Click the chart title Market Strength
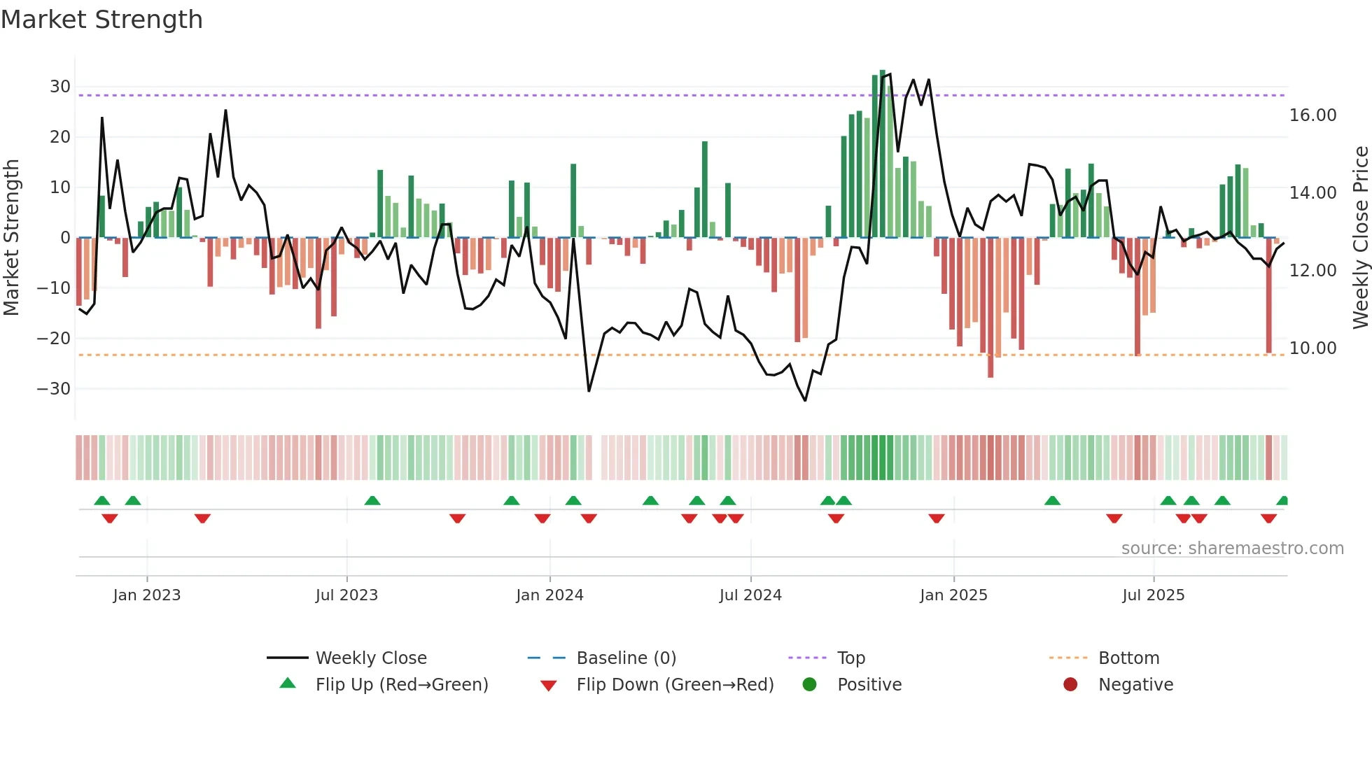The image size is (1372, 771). pyautogui.click(x=101, y=20)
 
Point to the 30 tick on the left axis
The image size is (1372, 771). pyautogui.click(x=60, y=87)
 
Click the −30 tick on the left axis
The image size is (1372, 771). pyautogui.click(x=55, y=389)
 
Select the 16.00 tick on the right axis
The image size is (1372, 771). pyautogui.click(x=1312, y=115)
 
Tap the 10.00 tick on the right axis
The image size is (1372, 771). pyautogui.click(x=1312, y=348)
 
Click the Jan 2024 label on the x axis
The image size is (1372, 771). pyautogui.click(x=549, y=595)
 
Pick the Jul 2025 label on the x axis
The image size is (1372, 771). pyautogui.click(x=1153, y=595)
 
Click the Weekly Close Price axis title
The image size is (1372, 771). pyautogui.click(x=1360, y=238)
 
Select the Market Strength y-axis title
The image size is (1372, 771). pyautogui.click(x=11, y=238)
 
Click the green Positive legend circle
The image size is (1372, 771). pyautogui.click(x=810, y=685)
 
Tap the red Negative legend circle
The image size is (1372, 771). pyautogui.click(x=1070, y=685)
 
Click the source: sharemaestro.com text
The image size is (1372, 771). pyautogui.click(x=1232, y=549)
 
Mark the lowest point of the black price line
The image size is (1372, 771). pyautogui.click(x=805, y=400)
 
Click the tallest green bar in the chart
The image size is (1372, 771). pyautogui.click(x=882, y=154)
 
